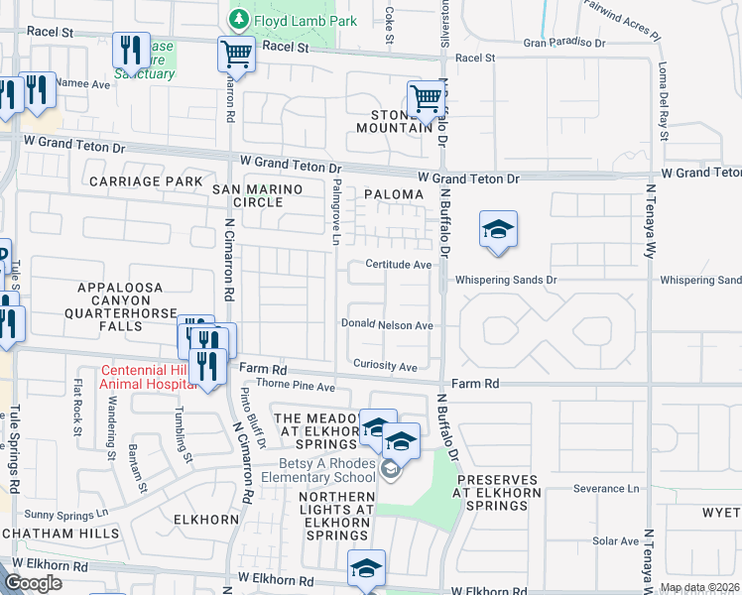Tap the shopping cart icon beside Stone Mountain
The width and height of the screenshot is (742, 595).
click(x=425, y=99)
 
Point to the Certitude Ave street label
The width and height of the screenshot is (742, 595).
click(x=398, y=265)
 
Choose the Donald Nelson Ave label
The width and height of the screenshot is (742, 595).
click(x=387, y=324)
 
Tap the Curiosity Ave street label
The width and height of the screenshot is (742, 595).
click(x=385, y=367)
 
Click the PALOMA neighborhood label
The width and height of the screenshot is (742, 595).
click(x=393, y=195)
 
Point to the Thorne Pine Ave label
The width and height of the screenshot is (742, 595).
click(x=296, y=385)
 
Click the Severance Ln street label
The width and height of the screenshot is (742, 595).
click(x=606, y=489)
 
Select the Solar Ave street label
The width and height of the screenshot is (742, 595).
click(x=616, y=541)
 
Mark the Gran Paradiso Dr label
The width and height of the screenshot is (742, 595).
click(x=564, y=43)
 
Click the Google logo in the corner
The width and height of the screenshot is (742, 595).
click(x=33, y=583)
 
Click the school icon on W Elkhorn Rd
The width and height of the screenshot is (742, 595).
click(x=365, y=569)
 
